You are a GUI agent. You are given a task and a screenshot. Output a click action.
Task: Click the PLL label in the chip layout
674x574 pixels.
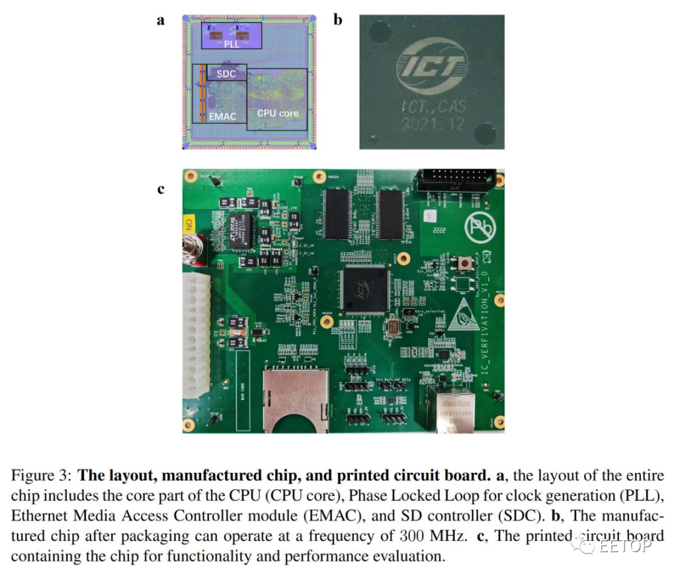tap(232, 44)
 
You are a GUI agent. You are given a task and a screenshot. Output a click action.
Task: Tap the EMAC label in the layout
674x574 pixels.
tap(223, 115)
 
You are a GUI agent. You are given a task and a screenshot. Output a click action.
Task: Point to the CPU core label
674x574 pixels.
tap(278, 114)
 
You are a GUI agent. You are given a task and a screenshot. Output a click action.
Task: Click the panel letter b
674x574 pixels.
tap(338, 20)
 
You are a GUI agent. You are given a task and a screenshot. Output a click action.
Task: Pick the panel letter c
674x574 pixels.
tap(161, 188)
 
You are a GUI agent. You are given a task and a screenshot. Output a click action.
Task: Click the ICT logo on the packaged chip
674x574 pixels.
tap(431, 65)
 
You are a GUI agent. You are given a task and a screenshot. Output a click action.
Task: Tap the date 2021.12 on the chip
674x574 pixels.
tap(433, 124)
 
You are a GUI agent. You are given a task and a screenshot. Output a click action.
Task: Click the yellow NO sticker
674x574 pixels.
tap(189, 223)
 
